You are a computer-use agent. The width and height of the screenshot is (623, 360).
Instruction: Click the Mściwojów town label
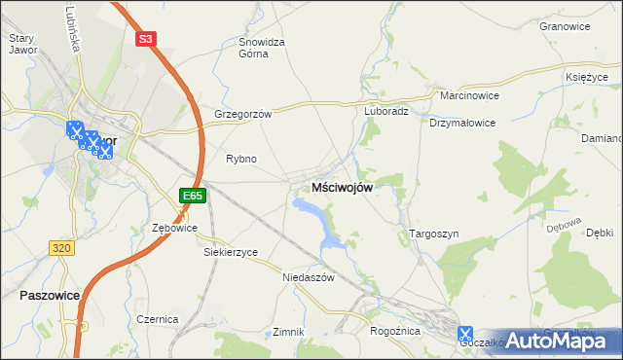341,188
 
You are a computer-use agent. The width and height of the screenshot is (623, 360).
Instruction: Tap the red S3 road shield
145,39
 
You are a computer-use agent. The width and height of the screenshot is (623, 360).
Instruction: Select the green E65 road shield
193,196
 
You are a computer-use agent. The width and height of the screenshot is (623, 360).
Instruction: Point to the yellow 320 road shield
61,248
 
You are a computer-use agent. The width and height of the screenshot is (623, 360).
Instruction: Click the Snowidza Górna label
262,49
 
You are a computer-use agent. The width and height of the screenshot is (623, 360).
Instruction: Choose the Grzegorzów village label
242,113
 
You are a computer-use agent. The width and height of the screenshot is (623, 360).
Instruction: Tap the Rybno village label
241,159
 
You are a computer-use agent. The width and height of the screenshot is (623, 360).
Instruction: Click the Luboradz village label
386,111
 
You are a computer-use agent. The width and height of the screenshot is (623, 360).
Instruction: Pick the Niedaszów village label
308,277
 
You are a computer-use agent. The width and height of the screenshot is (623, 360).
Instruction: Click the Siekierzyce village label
231,252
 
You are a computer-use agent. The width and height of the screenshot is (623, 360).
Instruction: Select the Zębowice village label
175,228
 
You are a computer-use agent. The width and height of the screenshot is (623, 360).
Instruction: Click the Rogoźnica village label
394,331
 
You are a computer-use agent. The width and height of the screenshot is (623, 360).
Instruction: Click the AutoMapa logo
565,341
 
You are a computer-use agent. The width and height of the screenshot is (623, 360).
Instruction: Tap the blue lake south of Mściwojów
313,212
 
